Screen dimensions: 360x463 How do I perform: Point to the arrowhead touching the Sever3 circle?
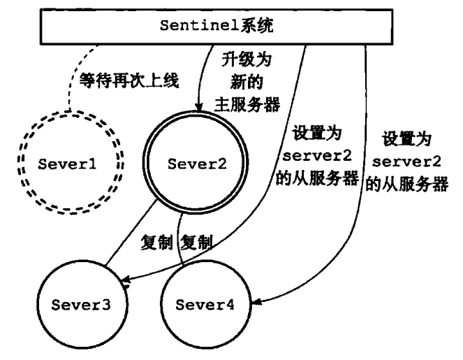[126, 283]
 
